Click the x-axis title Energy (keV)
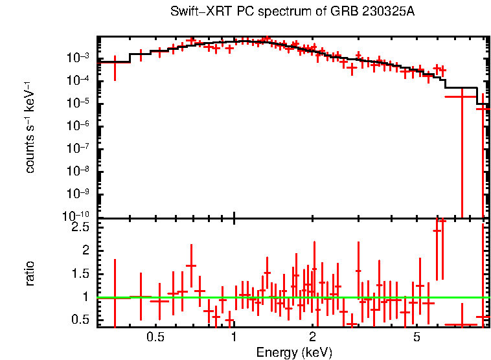click(294, 353)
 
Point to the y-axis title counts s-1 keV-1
click(30, 128)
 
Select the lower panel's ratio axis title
click(30, 273)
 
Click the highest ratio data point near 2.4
click(437, 231)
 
